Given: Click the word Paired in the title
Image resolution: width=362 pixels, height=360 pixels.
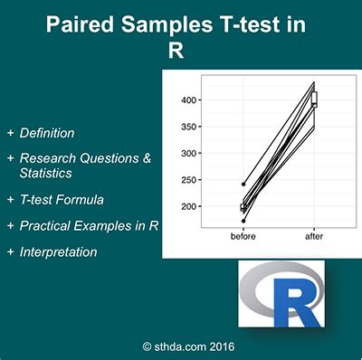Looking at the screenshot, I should click(82, 25).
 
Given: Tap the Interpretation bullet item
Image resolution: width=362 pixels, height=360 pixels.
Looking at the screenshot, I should click(58, 252).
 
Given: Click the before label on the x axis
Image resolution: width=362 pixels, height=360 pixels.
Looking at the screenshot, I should click(243, 236).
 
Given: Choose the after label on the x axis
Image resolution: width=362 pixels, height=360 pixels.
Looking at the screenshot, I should click(313, 236).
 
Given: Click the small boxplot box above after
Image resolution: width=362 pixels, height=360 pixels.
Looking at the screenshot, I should click(314, 99).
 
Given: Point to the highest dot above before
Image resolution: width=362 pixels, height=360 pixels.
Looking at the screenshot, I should click(243, 184).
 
